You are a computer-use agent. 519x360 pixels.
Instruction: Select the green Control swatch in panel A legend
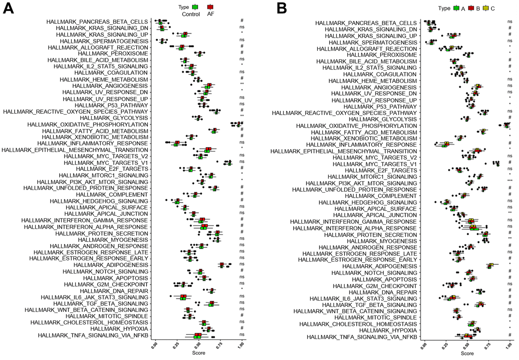pyautogui.click(x=196, y=7)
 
